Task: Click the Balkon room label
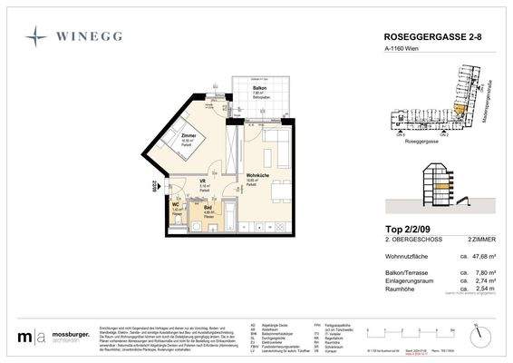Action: (257, 88)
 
